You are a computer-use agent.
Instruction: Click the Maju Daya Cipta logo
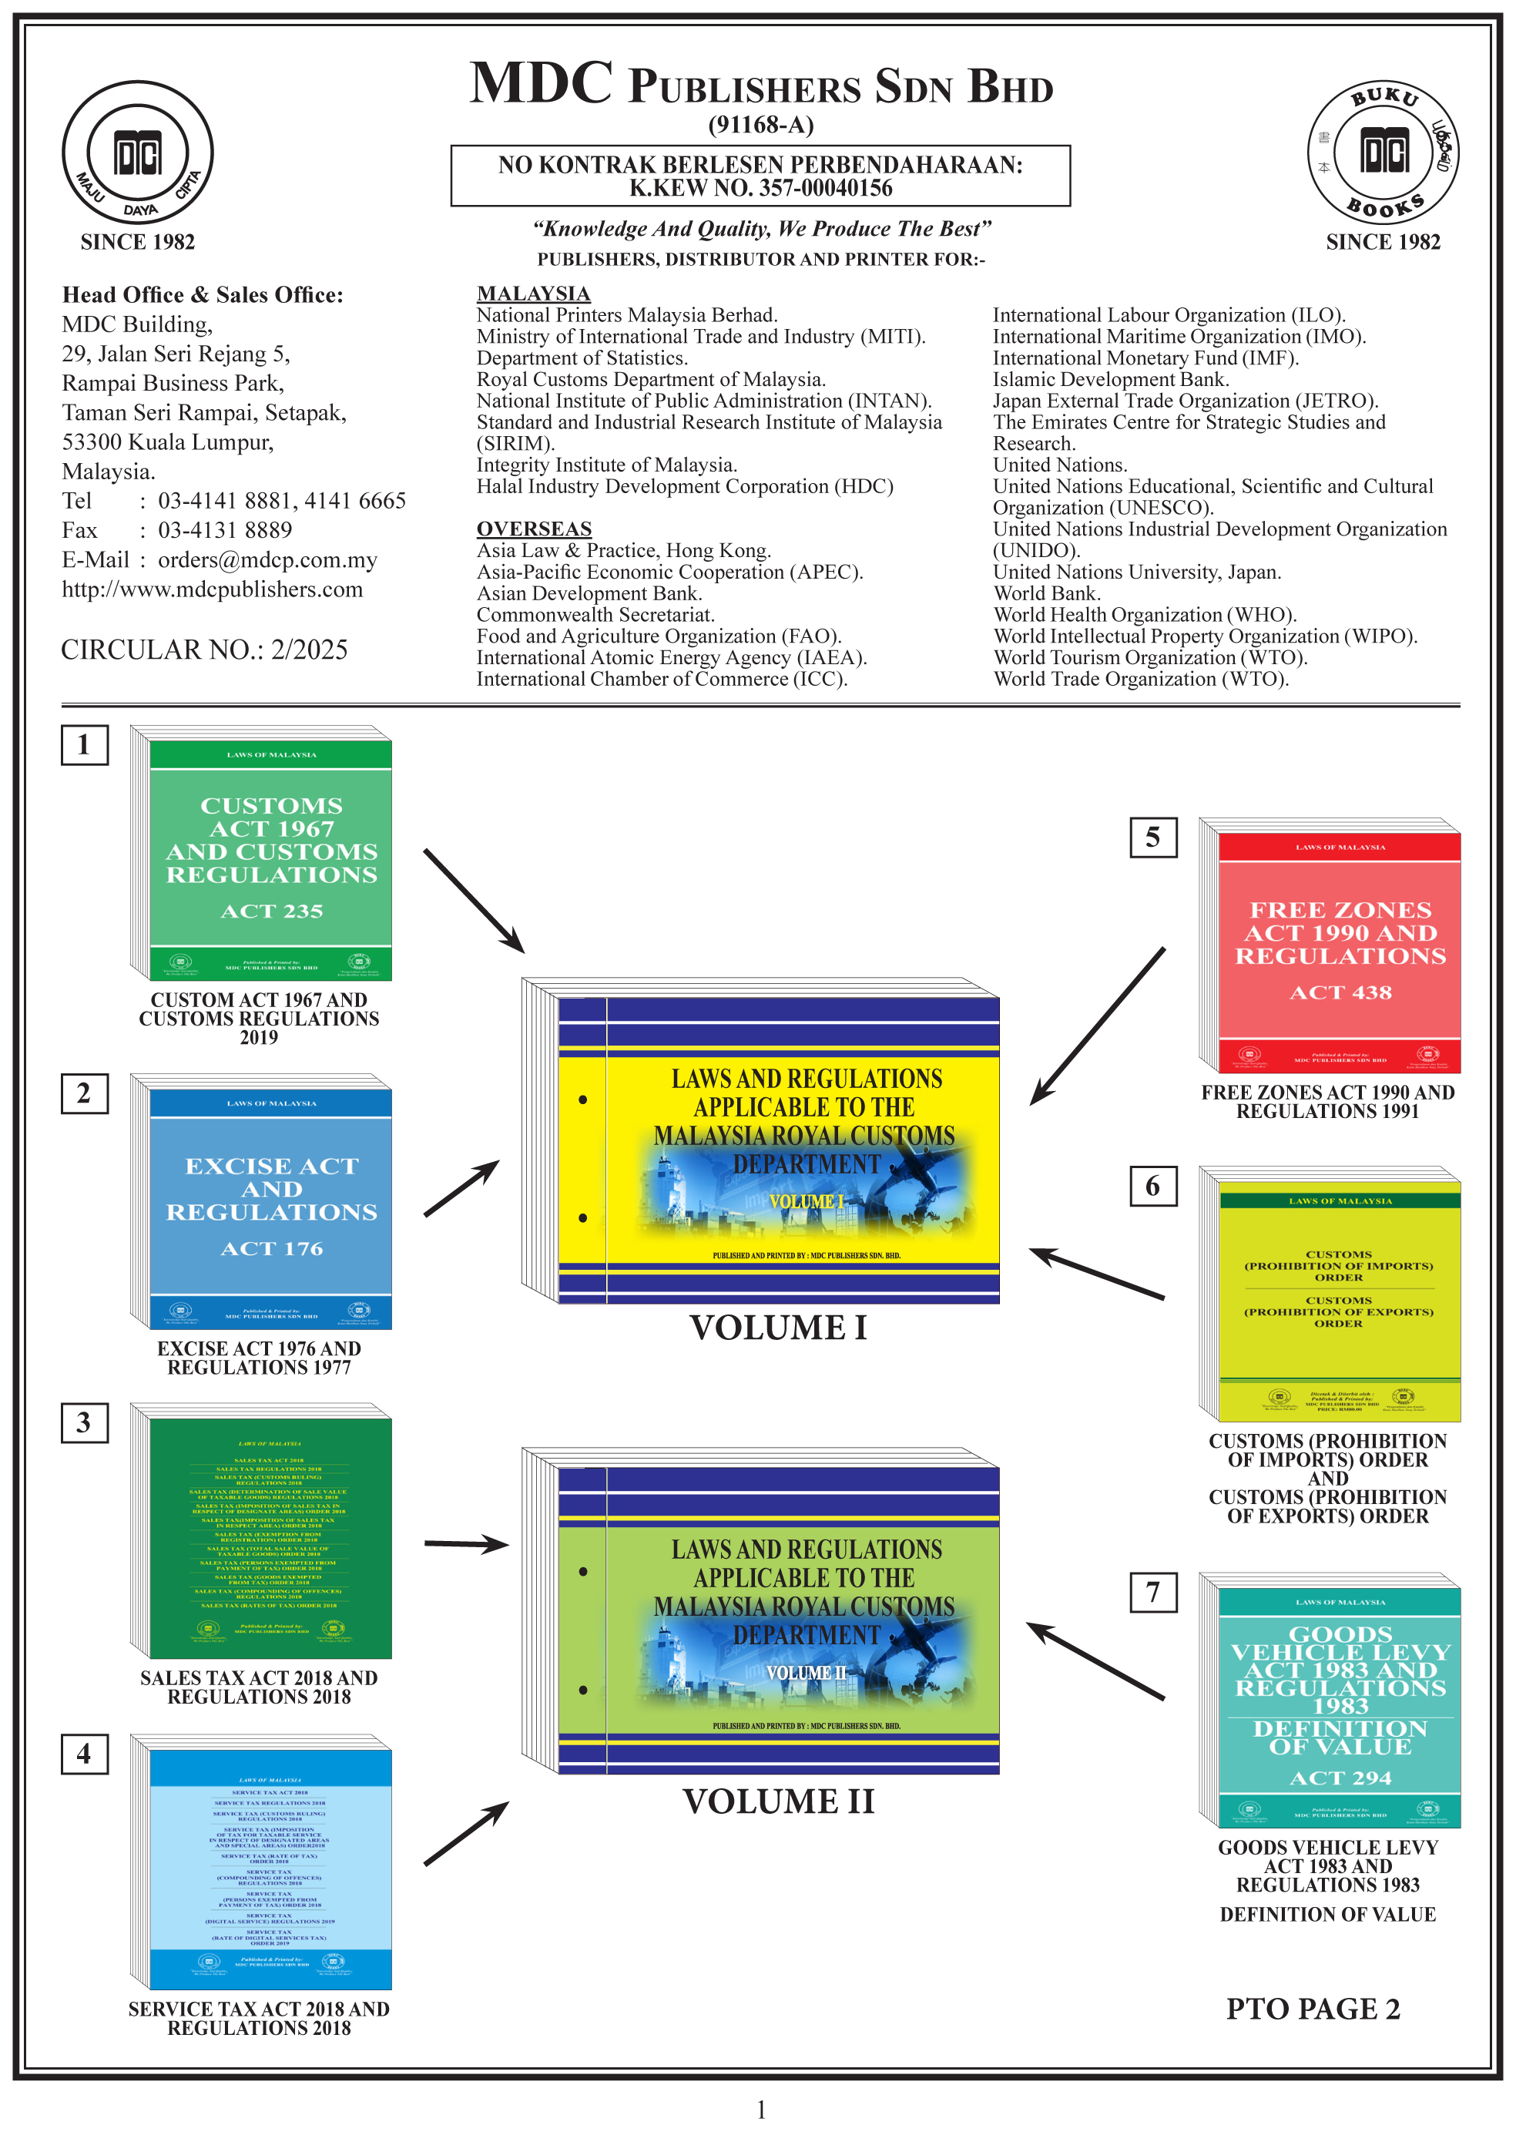pyautogui.click(x=137, y=152)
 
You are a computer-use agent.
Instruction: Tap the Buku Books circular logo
pyautogui.click(x=1383, y=152)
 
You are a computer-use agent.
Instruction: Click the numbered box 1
pyautogui.click(x=84, y=745)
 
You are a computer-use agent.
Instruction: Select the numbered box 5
pyautogui.click(x=1153, y=838)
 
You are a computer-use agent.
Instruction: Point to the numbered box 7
pyautogui.click(x=1153, y=1592)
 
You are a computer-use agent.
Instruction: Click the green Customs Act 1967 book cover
pyautogui.click(x=270, y=859)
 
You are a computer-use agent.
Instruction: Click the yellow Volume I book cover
pyautogui.click(x=777, y=1148)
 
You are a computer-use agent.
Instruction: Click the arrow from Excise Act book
pyautogui.click(x=461, y=1188)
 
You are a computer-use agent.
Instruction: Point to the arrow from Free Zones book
pyautogui.click(x=1097, y=1027)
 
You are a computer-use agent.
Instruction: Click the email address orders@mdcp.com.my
pyautogui.click(x=267, y=560)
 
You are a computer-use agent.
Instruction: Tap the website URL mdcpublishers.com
pyautogui.click(x=212, y=590)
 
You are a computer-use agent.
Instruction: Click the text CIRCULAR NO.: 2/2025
pyautogui.click(x=203, y=650)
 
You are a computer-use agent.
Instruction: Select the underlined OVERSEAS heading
pyautogui.click(x=533, y=529)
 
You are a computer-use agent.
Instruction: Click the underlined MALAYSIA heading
pyautogui.click(x=533, y=293)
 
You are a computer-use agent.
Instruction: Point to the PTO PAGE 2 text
pyautogui.click(x=1313, y=2009)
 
